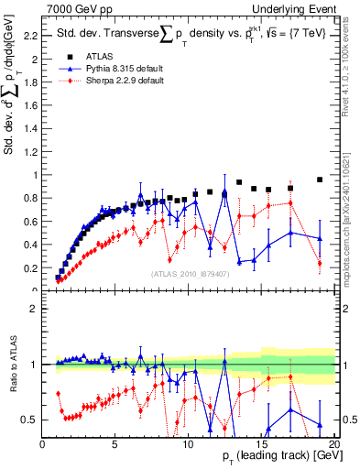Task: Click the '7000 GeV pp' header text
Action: [x=77, y=8]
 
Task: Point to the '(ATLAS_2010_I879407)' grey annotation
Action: [x=191, y=274]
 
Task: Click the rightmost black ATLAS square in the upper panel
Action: [x=320, y=180]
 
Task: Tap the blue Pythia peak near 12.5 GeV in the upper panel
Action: [x=224, y=191]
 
